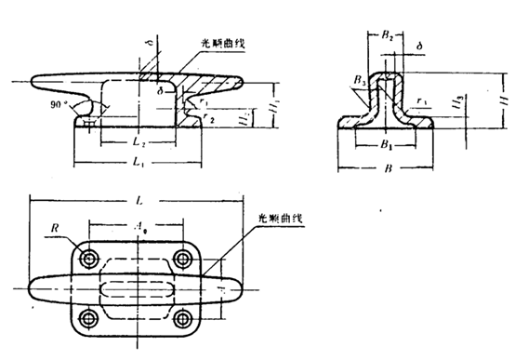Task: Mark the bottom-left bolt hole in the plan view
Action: point(89,319)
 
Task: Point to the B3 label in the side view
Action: point(359,81)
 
